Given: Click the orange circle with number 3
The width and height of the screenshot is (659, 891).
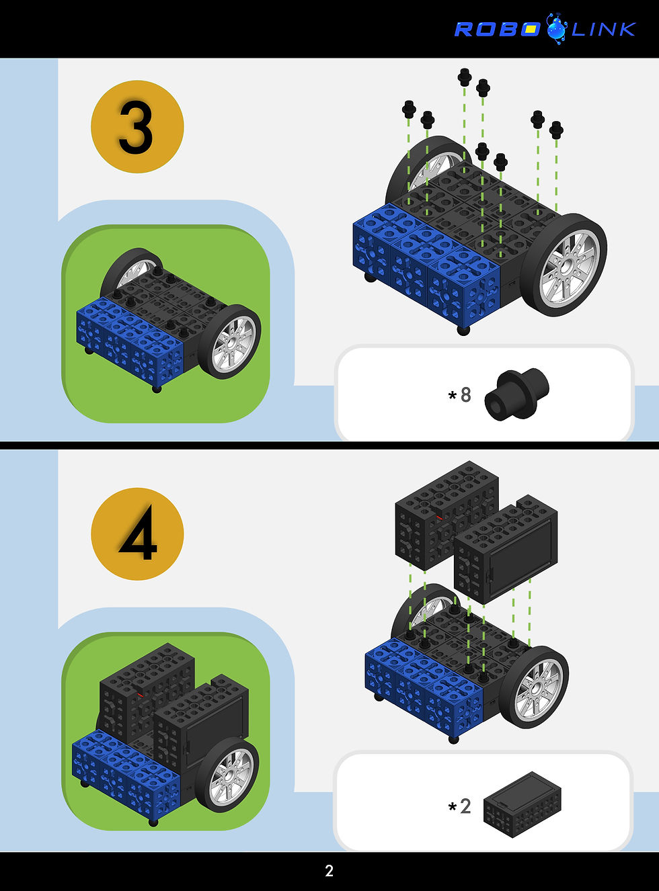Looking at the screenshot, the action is coord(137,127).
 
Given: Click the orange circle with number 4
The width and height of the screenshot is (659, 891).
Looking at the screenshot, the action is coord(137,534).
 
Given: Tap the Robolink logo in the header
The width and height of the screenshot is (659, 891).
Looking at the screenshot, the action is coord(545,29).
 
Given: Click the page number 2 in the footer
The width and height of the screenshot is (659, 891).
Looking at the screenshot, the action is coord(329,871).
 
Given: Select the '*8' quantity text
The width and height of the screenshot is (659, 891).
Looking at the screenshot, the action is coord(459,395).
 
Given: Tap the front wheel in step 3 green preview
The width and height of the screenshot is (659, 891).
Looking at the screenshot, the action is coord(229,342).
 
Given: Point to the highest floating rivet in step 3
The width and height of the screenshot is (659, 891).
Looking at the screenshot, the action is coord(465,77).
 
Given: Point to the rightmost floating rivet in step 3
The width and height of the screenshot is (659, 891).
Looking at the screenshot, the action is coord(556,130).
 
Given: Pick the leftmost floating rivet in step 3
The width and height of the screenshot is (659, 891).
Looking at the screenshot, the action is coord(409,110).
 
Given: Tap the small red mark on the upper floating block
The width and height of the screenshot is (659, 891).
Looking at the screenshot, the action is coord(440,518).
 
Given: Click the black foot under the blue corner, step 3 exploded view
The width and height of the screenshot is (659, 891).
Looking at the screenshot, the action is coord(463,330).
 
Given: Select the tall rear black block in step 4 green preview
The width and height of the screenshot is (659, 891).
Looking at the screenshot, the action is coord(147,693).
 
